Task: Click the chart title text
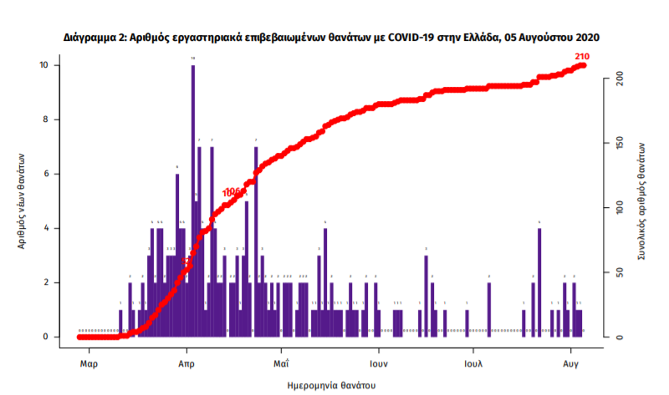[x=332, y=38]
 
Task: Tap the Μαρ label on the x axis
[x=89, y=364]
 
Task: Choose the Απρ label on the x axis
[x=186, y=364]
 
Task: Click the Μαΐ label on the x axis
[x=281, y=364]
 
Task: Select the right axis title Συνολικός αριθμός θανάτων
[x=642, y=200]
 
